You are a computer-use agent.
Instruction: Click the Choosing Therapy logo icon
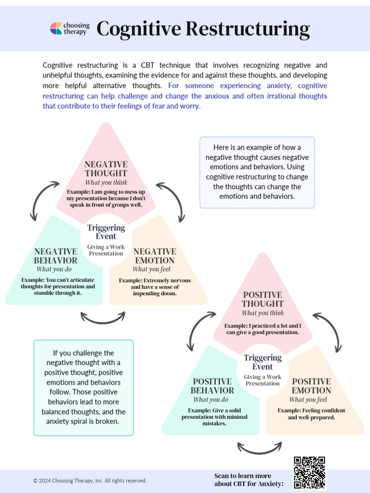tap(56, 28)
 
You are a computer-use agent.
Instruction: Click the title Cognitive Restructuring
tap(203, 29)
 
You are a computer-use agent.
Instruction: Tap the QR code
tap(309, 472)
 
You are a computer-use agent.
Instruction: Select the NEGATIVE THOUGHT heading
tap(106, 169)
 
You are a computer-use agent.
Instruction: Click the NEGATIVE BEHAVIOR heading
tap(55, 256)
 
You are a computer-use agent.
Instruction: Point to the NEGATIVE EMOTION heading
tap(155, 256)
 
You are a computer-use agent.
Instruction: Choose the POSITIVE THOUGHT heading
tap(263, 299)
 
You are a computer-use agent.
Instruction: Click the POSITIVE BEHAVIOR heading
tap(212, 386)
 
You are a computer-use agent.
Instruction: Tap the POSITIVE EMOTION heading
tap(311, 386)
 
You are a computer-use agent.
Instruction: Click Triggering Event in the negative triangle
tap(106, 232)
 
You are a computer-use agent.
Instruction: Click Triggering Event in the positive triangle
tap(263, 362)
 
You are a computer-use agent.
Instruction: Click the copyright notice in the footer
tap(90, 480)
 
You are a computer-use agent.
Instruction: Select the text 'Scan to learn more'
tap(243, 476)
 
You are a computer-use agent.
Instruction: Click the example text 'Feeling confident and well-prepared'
tap(311, 414)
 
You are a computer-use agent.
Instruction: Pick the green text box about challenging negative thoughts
tap(83, 388)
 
